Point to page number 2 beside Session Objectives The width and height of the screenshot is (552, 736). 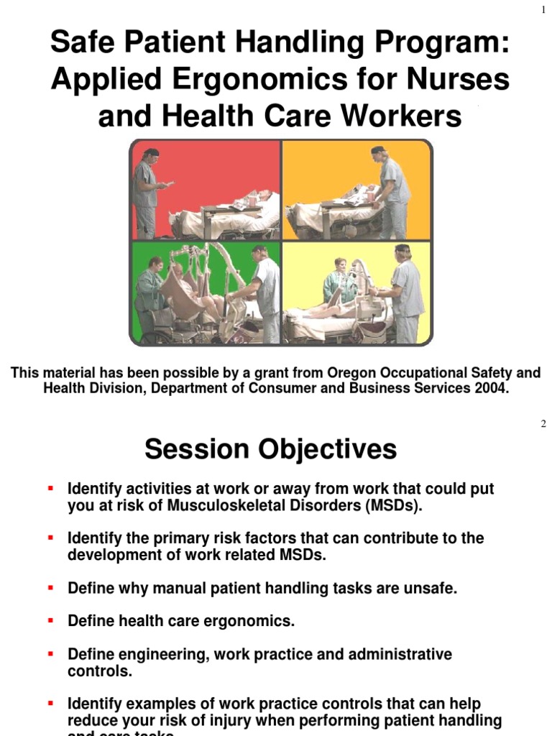pyautogui.click(x=543, y=424)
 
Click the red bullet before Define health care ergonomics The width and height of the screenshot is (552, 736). pyautogui.click(x=51, y=621)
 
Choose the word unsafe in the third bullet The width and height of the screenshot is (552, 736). pyautogui.click(x=431, y=588)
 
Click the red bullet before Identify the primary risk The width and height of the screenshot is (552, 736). pyautogui.click(x=51, y=538)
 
